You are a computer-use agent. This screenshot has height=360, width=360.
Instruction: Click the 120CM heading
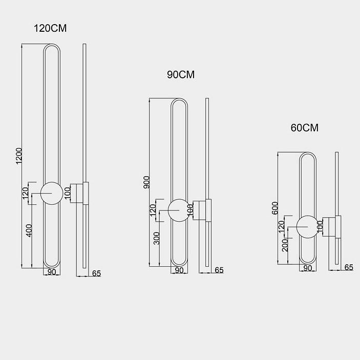(x=50, y=28)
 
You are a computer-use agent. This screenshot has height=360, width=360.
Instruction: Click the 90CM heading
(x=181, y=75)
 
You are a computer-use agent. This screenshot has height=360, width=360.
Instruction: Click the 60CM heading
(x=305, y=128)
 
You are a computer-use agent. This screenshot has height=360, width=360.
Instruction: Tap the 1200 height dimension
(x=19, y=156)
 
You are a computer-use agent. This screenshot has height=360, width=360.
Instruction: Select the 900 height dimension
(x=146, y=182)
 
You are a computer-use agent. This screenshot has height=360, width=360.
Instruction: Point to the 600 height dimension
(x=275, y=208)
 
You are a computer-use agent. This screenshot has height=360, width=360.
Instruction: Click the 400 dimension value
(x=29, y=230)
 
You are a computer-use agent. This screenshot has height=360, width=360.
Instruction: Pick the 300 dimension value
(x=157, y=238)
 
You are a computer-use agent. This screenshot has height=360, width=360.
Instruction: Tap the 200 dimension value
(x=285, y=245)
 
